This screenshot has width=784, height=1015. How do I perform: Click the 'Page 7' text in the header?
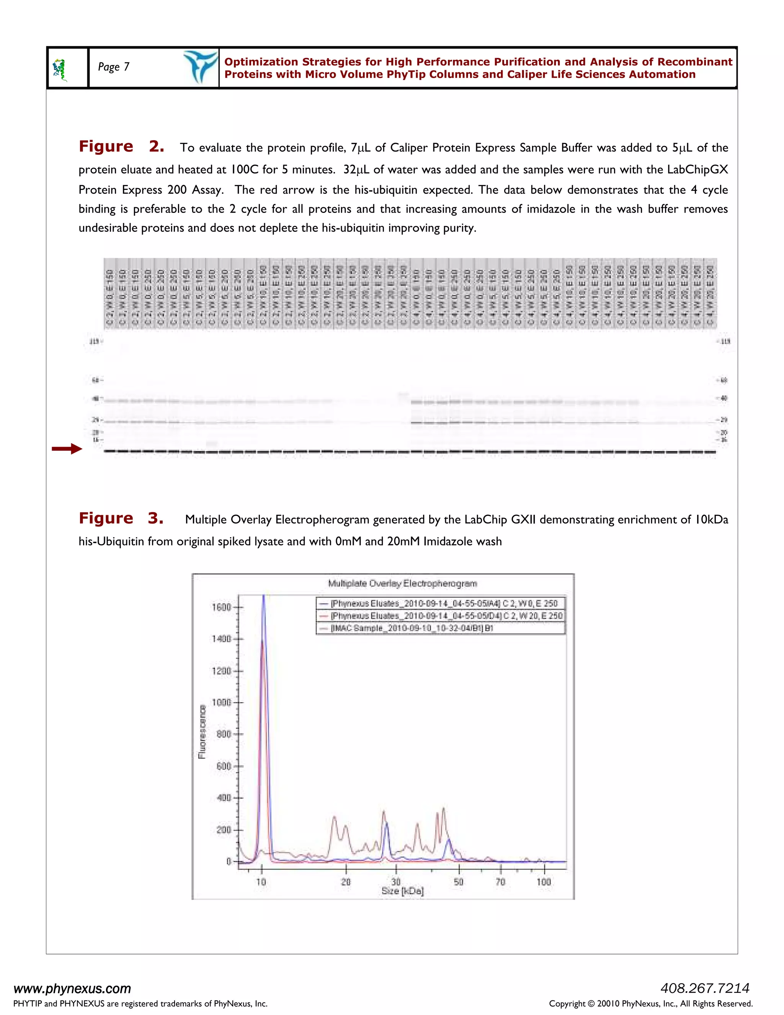(114, 67)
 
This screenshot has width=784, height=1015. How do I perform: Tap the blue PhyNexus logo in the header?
(200, 67)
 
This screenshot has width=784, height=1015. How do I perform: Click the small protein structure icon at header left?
(59, 70)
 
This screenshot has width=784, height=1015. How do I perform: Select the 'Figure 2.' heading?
(121, 146)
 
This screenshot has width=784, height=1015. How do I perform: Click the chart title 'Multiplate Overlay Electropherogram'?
(402, 583)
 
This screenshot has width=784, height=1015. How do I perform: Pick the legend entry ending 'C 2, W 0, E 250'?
(444, 603)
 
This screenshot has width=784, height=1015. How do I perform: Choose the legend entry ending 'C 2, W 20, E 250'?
(446, 616)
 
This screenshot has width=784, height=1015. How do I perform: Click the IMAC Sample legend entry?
(412, 628)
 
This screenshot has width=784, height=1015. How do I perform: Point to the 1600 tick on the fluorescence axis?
(222, 607)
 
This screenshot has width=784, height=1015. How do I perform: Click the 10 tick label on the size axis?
(261, 882)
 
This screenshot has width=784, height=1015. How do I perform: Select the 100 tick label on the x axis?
(544, 882)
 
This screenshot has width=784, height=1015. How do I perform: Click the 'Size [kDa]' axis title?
(402, 891)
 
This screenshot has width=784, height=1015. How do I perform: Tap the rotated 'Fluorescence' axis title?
(202, 732)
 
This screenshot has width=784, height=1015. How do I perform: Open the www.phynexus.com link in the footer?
(72, 989)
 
